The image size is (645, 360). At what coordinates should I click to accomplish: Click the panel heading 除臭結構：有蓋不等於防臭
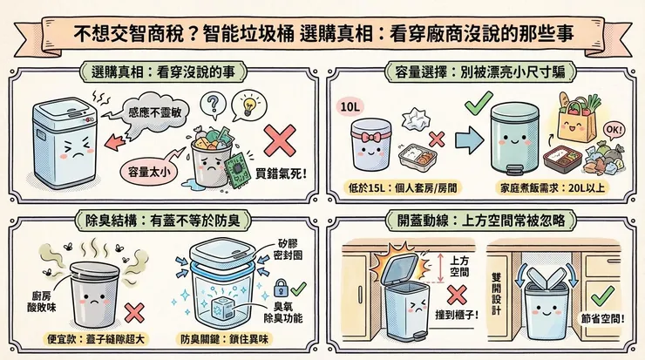(x=163, y=218)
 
